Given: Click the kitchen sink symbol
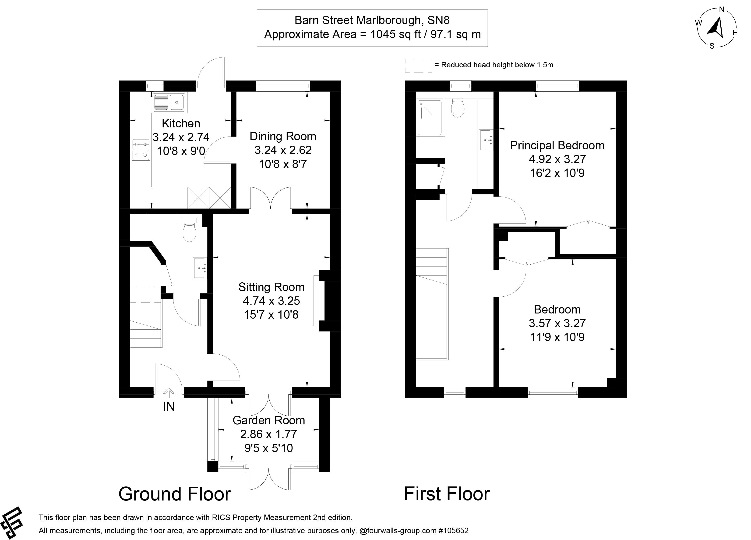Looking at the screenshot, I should [169, 102].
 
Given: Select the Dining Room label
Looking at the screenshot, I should [282, 136].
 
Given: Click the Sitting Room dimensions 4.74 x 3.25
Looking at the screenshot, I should [271, 301].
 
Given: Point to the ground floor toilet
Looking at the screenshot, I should [189, 232].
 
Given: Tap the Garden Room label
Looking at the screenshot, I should [268, 420].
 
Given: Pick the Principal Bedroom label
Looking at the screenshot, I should [557, 145].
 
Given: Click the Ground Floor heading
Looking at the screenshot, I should [175, 494].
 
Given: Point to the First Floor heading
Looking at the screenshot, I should [446, 494].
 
